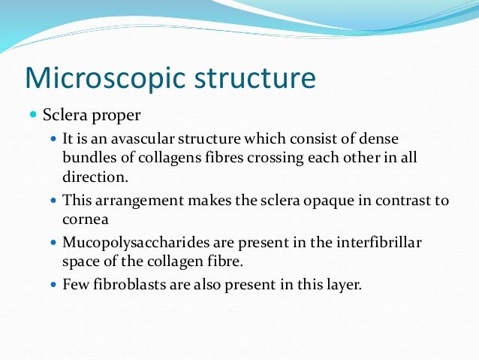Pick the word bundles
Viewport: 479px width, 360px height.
(87, 159)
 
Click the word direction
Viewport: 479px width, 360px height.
(91, 177)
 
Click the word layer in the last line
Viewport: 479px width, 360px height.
(342, 286)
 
